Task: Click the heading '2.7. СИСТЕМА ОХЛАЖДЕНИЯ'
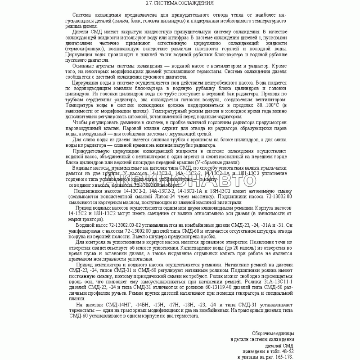click(180, 3)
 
